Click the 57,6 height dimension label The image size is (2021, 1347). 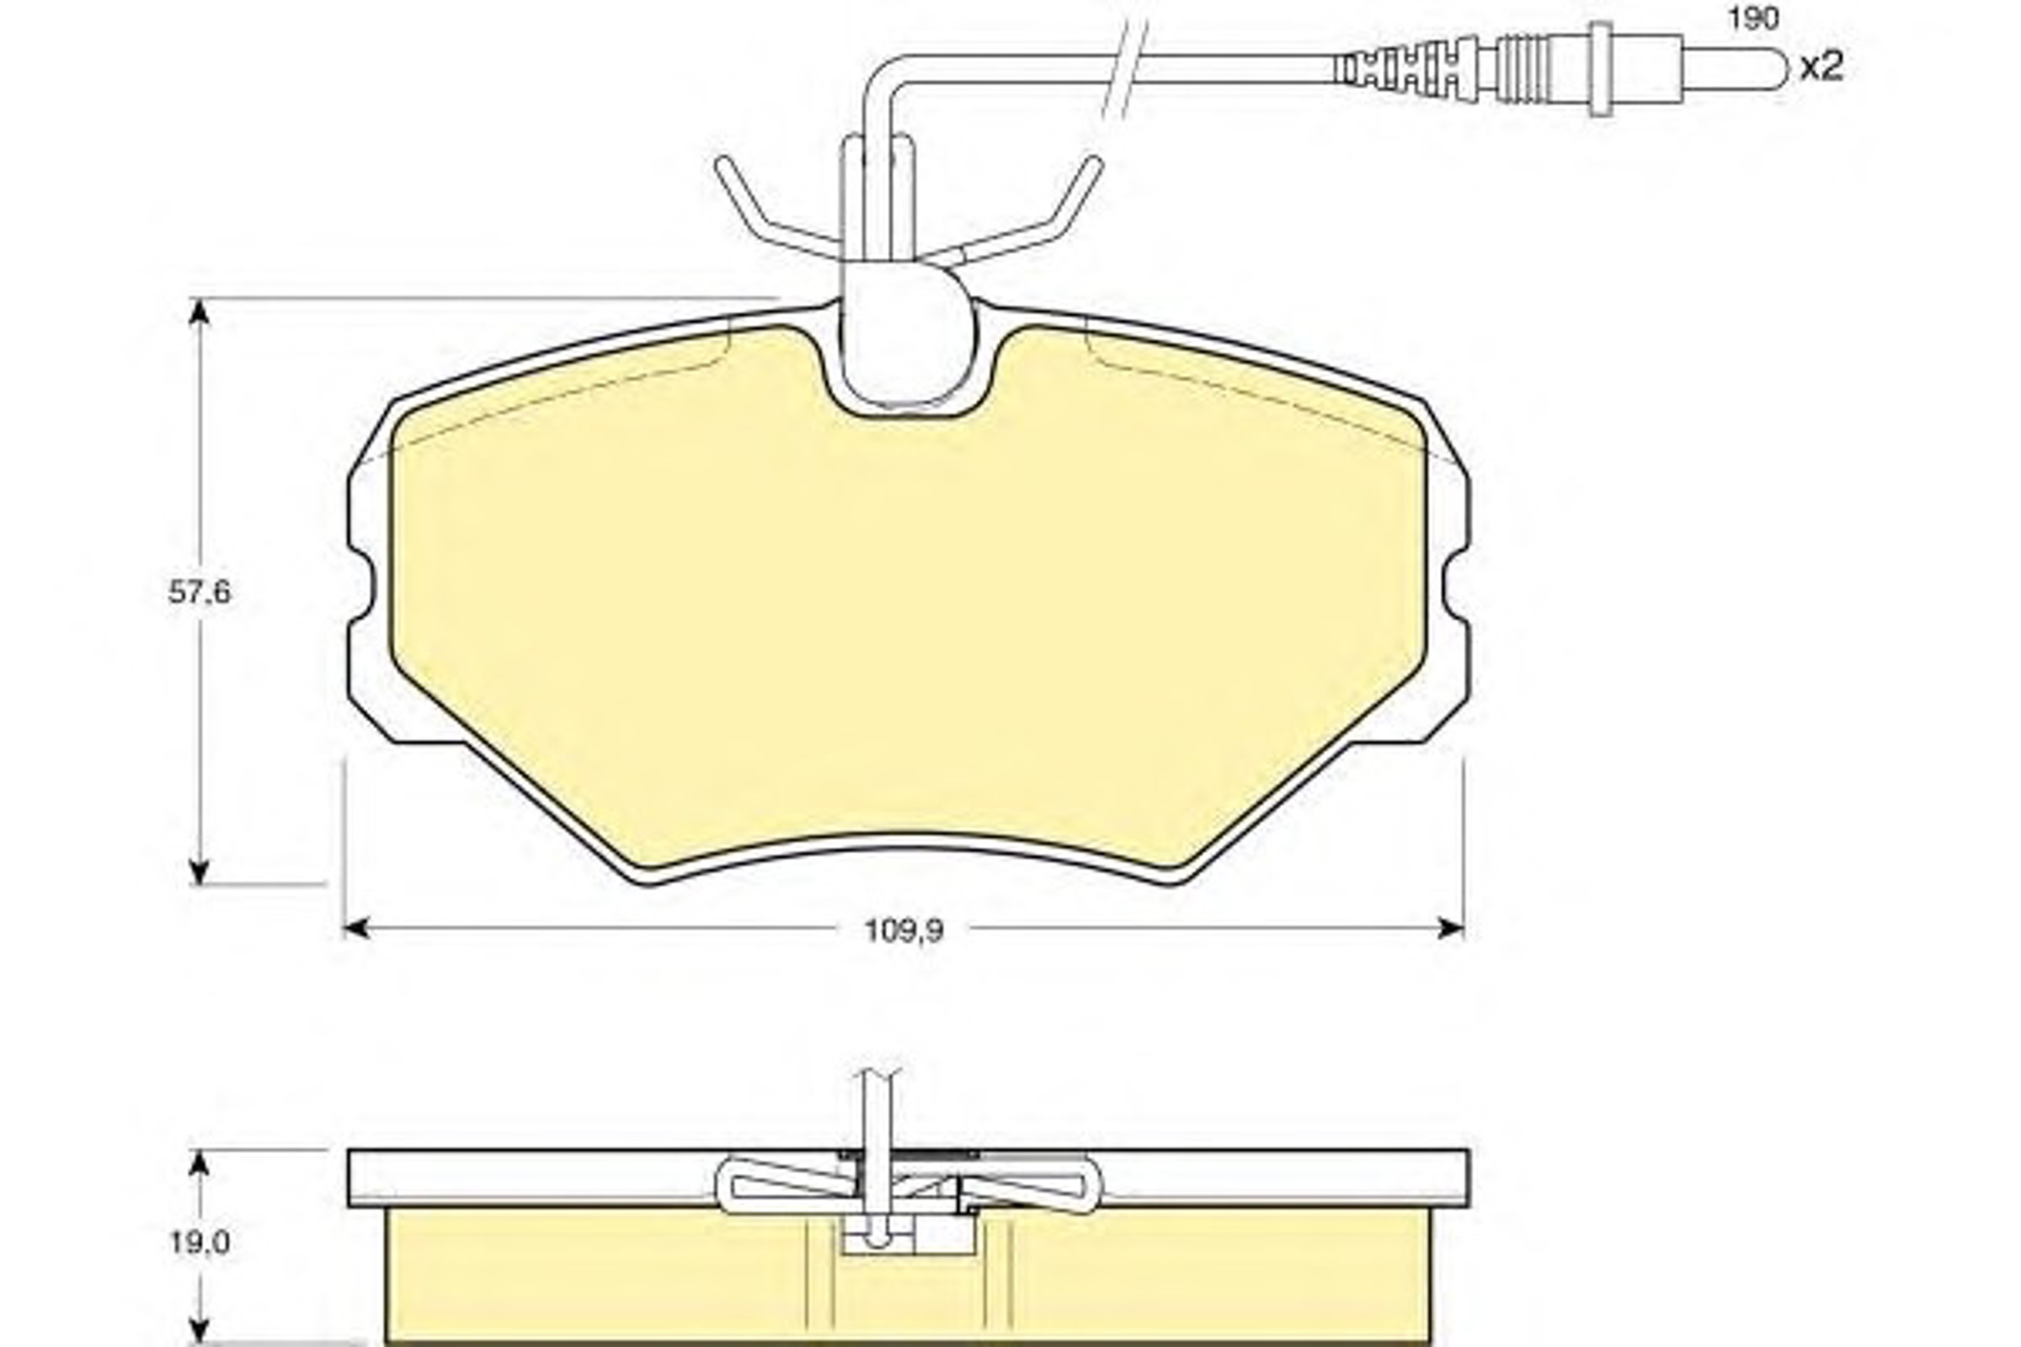(x=200, y=592)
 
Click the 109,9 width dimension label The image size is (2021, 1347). (x=903, y=930)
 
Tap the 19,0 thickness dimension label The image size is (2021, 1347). (x=200, y=1243)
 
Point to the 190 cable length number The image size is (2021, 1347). (x=1753, y=19)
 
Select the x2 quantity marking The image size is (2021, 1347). (x=1821, y=67)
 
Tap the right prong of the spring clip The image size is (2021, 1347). (x=1014, y=210)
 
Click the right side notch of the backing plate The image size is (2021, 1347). (x=1455, y=593)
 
